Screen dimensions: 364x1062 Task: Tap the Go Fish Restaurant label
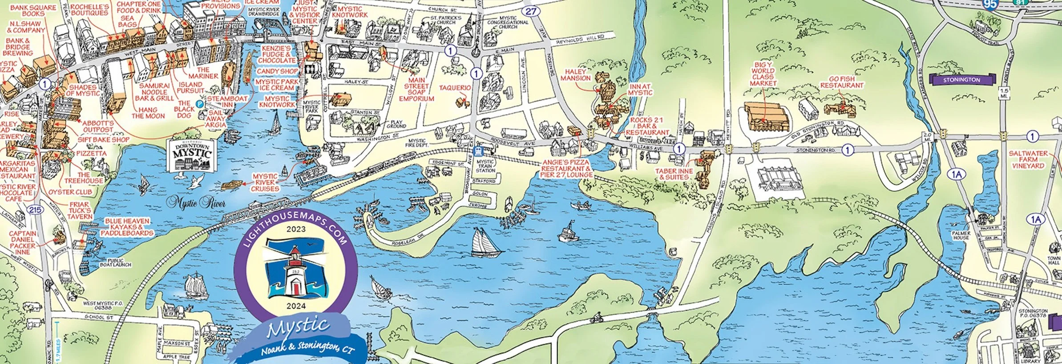[842, 82]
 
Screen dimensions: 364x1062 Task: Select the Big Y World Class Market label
[763, 74]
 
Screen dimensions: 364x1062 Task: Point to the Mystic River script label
[196, 204]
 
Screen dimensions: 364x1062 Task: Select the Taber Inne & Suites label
[674, 174]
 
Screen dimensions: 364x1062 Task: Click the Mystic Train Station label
[485, 166]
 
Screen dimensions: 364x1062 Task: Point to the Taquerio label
[455, 88]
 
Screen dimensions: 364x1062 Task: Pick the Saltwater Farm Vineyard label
[1028, 159]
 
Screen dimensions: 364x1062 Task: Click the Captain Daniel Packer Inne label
[23, 242]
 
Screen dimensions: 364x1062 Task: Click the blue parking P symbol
[200, 103]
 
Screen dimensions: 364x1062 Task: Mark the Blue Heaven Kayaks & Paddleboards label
[127, 227]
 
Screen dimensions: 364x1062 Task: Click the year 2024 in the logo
[296, 306]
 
